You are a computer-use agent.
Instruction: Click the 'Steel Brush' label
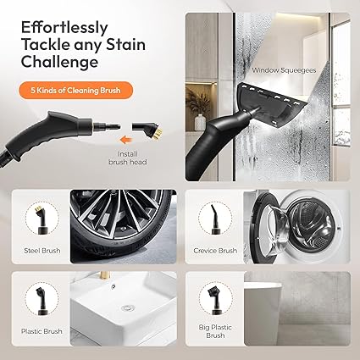click(x=42, y=251)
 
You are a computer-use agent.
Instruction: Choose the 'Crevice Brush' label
click(x=214, y=251)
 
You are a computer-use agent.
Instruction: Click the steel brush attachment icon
click(x=40, y=219)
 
